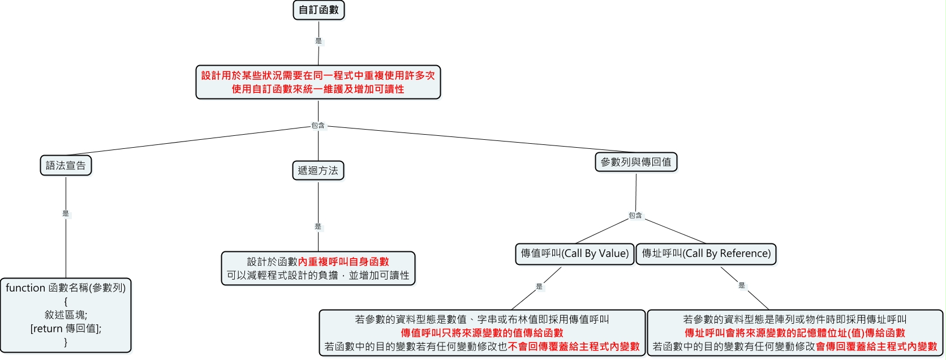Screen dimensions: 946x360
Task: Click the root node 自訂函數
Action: pyautogui.click(x=319, y=10)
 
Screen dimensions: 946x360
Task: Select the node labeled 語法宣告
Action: pyautogui.click(x=66, y=165)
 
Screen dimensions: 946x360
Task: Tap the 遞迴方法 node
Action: pyautogui.click(x=318, y=171)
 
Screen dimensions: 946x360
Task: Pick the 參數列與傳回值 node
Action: pyautogui.click(x=636, y=162)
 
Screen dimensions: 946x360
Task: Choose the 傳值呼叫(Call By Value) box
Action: pyautogui.click(x=575, y=254)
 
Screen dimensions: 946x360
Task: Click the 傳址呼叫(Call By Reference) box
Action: pyautogui.click(x=706, y=254)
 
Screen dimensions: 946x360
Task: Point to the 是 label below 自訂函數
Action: pyautogui.click(x=319, y=41)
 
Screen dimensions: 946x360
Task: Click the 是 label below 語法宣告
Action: pyautogui.click(x=66, y=213)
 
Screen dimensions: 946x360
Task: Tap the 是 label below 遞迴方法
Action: pyautogui.click(x=318, y=226)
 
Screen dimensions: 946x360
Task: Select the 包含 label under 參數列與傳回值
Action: pyautogui.click(x=635, y=216)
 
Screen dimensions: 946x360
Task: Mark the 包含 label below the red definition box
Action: pyautogui.click(x=318, y=126)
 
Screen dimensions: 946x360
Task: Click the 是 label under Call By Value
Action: pyautogui.click(x=539, y=286)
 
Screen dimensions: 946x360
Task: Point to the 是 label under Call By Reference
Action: pyautogui.click(x=742, y=285)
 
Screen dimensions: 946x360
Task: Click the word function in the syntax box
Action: pyautogui.click(x=25, y=288)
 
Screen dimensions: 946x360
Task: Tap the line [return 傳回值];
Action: pyautogui.click(x=66, y=328)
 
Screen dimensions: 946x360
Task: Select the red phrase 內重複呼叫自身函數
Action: pyautogui.click(x=343, y=262)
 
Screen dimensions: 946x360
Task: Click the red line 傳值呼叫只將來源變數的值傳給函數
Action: pyautogui.click(x=482, y=333)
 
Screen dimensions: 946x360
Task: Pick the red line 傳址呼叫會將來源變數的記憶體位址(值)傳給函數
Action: pyautogui.click(x=795, y=333)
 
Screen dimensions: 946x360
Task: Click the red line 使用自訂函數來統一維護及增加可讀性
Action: pyautogui.click(x=318, y=89)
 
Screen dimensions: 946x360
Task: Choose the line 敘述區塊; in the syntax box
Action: pyautogui.click(x=66, y=315)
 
